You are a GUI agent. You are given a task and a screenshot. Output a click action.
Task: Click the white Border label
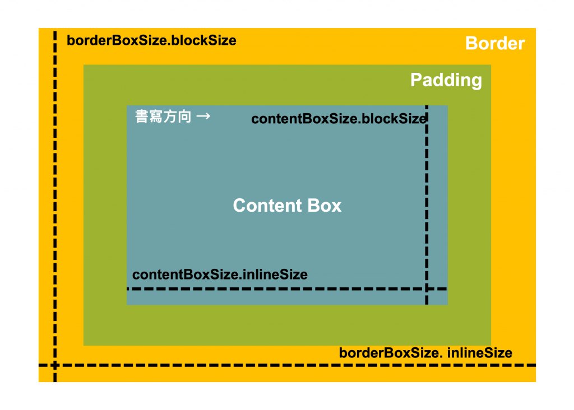pyautogui.click(x=495, y=44)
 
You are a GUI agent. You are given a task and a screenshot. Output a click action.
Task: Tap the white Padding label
pyautogui.click(x=446, y=80)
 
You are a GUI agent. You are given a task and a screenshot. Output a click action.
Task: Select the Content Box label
pyautogui.click(x=287, y=206)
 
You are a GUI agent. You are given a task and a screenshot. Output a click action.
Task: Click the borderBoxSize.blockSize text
pyautogui.click(x=151, y=41)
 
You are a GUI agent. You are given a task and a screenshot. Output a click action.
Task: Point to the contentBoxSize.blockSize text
pyautogui.click(x=339, y=119)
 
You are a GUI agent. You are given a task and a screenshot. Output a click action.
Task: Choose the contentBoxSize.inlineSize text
pyautogui.click(x=220, y=275)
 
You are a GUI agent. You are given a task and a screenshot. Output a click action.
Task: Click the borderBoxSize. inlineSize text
pyautogui.click(x=425, y=353)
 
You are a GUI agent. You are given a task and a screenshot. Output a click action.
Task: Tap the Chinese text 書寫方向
pyautogui.click(x=163, y=117)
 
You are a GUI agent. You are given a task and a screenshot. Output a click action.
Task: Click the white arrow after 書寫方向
pyautogui.click(x=203, y=117)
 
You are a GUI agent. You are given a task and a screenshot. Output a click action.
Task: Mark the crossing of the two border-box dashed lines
pyautogui.click(x=55, y=365)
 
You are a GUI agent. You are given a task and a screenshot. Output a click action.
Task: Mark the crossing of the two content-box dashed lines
pyautogui.click(x=427, y=289)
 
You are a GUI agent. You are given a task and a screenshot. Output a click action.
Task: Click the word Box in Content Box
pyautogui.click(x=323, y=206)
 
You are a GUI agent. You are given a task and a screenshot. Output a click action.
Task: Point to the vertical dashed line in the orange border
pyautogui.click(x=55, y=196)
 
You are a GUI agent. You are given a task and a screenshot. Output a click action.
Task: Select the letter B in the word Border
pyautogui.click(x=471, y=44)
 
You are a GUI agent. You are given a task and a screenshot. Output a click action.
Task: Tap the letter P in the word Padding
pyautogui.click(x=416, y=80)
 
